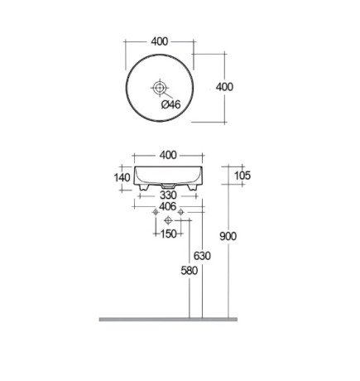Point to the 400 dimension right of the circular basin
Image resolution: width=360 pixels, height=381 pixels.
click(224, 87)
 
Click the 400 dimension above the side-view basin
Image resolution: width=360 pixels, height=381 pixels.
click(168, 156)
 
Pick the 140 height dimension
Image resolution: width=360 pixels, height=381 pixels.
click(122, 177)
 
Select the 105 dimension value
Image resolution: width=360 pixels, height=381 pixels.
click(242, 175)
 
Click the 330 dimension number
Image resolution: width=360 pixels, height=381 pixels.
click(168, 195)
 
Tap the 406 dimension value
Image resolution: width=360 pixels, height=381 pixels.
click(168, 207)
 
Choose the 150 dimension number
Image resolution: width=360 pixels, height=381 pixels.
click(168, 234)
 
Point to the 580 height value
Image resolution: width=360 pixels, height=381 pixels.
click(190, 271)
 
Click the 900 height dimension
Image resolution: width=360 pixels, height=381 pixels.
click(228, 236)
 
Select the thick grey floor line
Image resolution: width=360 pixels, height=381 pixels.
click(168, 319)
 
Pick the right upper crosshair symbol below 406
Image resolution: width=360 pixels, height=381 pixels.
click(180, 213)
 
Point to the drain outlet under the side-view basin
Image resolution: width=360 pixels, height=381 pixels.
click(169, 186)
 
